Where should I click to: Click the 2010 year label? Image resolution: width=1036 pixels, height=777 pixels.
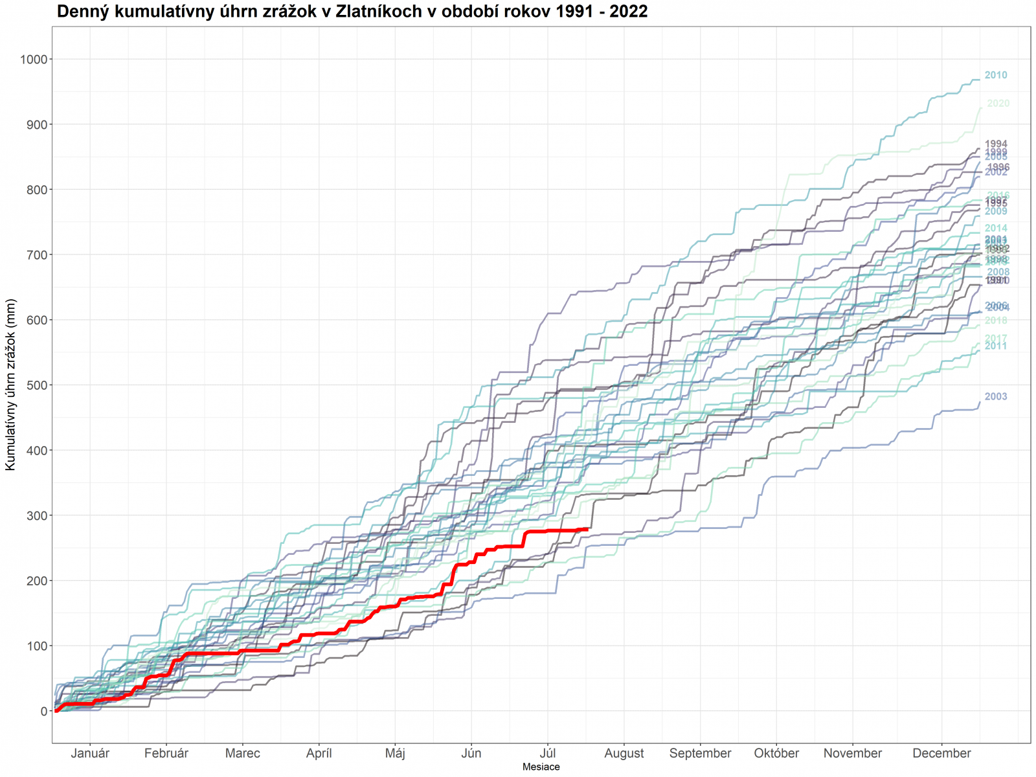995,75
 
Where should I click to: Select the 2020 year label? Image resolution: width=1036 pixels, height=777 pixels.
998,104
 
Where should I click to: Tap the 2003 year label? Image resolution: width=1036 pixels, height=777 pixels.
995,397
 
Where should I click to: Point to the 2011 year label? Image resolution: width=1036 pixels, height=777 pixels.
995,346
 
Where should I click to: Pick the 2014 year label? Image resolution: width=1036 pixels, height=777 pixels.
995,229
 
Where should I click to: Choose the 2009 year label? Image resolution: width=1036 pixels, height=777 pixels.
995,212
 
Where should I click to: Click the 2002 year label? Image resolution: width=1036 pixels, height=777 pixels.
995,173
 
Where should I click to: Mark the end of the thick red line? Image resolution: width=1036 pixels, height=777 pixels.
587,529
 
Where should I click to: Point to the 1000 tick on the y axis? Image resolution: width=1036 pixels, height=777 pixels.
34,60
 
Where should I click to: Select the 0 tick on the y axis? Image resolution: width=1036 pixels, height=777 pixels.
43,711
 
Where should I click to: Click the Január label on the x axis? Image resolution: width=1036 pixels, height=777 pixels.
90,754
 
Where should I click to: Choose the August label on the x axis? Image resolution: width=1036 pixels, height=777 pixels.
624,754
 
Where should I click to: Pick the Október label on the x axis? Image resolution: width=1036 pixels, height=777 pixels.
776,754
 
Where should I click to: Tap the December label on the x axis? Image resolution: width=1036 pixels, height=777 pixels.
941,754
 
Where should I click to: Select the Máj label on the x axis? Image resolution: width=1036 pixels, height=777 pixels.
395,754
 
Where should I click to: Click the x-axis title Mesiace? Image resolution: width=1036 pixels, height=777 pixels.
541,767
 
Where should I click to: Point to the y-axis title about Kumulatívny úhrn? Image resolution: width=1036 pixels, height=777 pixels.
10,385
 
